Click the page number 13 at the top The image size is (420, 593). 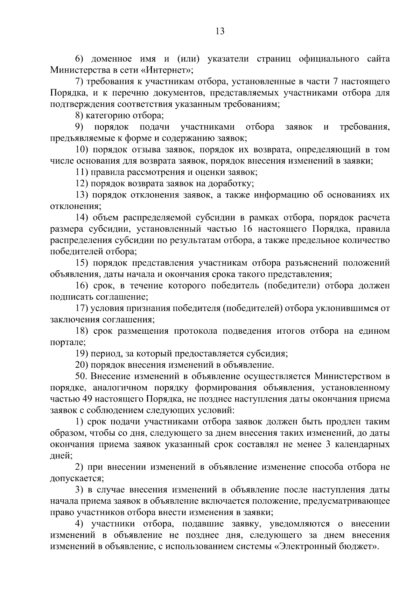pos(220,31)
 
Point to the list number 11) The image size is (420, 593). pos(82,172)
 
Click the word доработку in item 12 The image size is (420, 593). pos(230,184)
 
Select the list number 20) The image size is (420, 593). pos(82,365)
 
